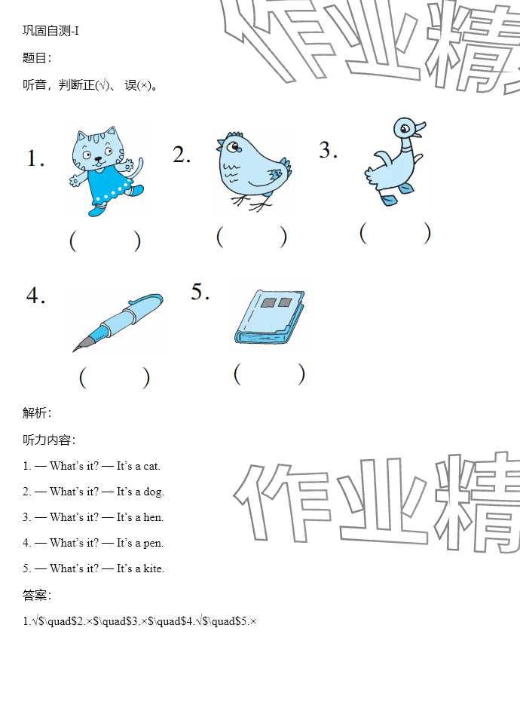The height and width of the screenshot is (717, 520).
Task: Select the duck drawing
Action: click(x=395, y=161)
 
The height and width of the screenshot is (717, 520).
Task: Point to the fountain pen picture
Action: click(x=118, y=322)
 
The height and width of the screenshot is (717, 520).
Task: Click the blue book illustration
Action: click(x=270, y=317)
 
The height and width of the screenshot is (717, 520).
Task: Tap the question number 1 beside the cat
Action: click(x=35, y=158)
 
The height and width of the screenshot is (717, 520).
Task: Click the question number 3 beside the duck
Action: click(x=328, y=150)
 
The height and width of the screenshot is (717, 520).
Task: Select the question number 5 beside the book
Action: click(x=200, y=292)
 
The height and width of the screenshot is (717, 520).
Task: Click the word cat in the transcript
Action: click(x=151, y=467)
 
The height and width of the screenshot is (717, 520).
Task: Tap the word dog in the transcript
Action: click(x=153, y=492)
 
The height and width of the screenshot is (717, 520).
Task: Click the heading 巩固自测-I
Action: click(x=50, y=31)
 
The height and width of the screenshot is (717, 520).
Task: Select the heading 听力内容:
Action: click(x=49, y=440)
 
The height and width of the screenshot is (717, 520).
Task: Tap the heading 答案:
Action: click(x=37, y=596)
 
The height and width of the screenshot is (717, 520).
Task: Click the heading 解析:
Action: click(x=37, y=413)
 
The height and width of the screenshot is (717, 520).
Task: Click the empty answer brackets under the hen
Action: click(x=252, y=237)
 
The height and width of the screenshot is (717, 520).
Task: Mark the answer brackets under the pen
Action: click(x=115, y=378)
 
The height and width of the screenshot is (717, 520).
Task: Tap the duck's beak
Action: click(x=418, y=128)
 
